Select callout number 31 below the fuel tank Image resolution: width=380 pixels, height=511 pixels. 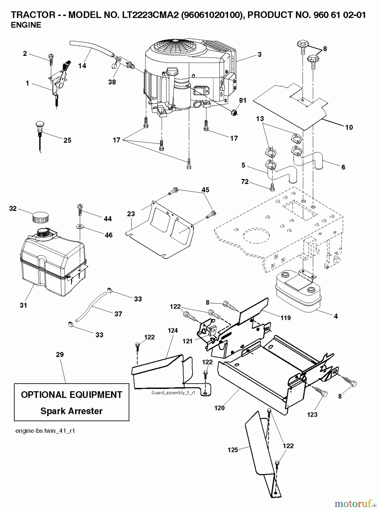pos(23,305)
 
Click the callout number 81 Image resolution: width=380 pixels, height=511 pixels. pos(243,100)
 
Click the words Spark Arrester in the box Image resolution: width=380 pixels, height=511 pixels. pos(72,411)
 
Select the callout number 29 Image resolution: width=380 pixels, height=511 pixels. pos(60,354)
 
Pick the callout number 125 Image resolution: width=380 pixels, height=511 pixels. pos(233,450)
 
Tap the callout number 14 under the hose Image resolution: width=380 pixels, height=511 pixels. pos(82,66)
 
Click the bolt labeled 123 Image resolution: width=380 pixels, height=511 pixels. pos(323,394)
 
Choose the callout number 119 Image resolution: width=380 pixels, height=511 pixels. pos(285,318)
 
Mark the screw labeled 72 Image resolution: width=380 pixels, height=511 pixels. pos(272,187)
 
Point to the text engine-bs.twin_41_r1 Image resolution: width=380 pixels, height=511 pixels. pos(45,431)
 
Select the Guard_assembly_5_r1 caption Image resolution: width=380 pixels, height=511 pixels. pos(173,393)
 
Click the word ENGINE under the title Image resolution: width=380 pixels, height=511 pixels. pos(26,25)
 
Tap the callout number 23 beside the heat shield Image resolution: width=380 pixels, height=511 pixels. pos(131,213)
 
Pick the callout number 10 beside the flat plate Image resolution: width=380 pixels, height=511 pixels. pos(349,127)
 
